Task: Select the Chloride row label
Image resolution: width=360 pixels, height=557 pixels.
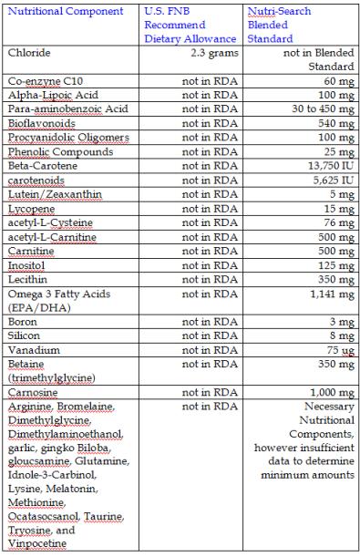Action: (29, 54)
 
